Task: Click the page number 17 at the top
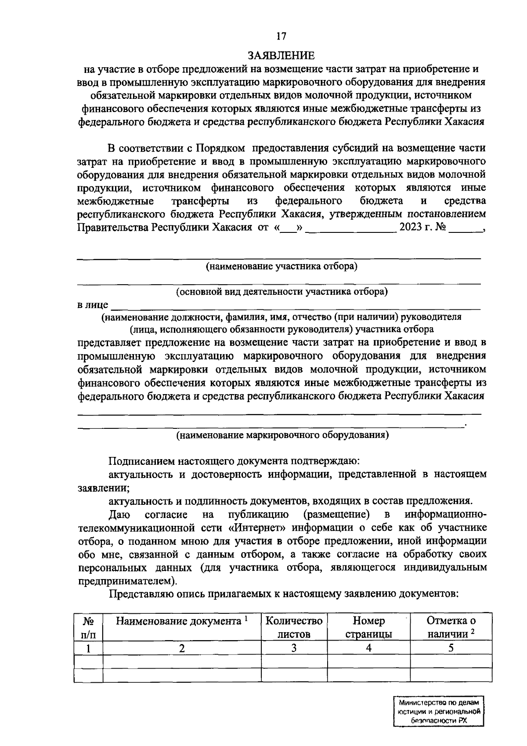(x=282, y=36)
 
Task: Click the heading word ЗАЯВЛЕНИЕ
(x=282, y=55)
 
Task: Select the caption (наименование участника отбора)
(x=282, y=266)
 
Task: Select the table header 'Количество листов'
(x=294, y=627)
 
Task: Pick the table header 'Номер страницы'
(x=369, y=627)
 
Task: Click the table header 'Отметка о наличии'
(x=451, y=627)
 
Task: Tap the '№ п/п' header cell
(x=89, y=627)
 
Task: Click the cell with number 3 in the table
(x=294, y=648)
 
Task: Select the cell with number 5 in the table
(x=451, y=648)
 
